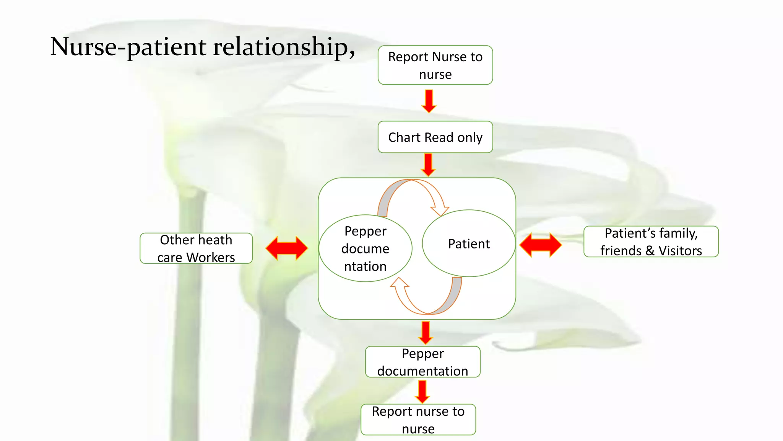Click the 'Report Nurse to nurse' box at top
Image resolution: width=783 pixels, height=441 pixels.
coord(435,65)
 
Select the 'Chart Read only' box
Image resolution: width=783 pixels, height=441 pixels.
coord(435,137)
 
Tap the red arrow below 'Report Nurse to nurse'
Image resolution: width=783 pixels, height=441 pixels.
coord(429,101)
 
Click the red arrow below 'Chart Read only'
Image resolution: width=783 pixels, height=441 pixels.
coord(428,165)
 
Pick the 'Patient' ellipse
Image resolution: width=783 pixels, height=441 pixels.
coord(469,243)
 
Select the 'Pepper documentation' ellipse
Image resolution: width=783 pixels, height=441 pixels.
coord(365,248)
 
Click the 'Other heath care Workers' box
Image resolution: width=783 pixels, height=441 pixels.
coord(196,248)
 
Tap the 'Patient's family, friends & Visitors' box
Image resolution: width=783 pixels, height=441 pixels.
coord(651,242)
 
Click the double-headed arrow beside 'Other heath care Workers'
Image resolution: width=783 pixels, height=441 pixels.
coord(287,248)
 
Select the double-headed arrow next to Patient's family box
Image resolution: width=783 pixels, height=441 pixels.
coord(541,245)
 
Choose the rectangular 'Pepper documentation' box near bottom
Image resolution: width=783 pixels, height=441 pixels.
coord(422,362)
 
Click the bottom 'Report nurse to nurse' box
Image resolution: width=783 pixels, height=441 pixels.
coord(418,420)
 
